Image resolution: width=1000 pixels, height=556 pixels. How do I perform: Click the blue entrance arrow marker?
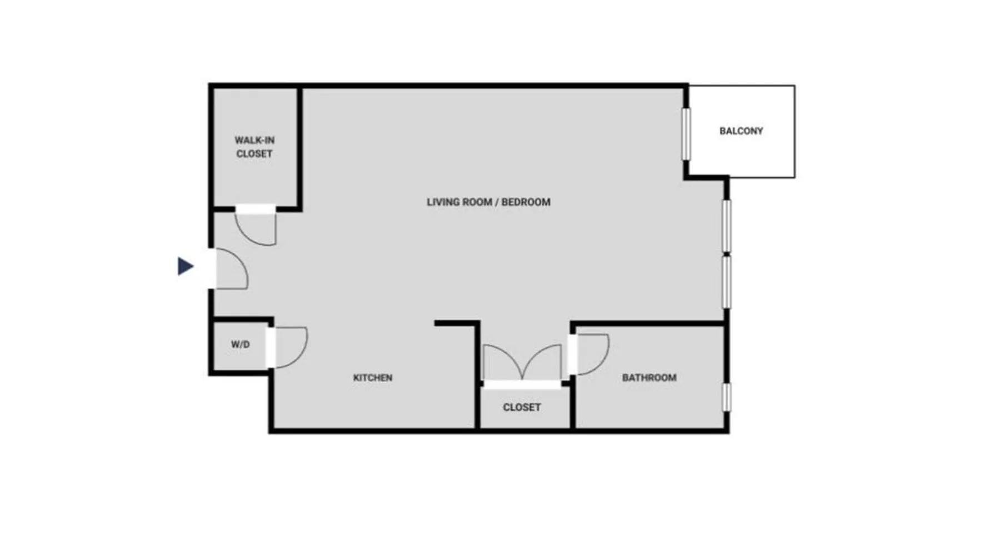click(x=186, y=266)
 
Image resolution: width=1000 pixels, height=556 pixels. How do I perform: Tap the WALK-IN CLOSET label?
click(x=254, y=147)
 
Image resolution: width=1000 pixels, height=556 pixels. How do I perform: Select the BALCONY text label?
click(x=741, y=131)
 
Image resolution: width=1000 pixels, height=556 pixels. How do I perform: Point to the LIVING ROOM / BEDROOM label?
click(x=488, y=202)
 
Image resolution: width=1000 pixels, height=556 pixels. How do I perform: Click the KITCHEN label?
click(x=373, y=378)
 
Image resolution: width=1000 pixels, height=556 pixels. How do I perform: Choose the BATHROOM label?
click(x=649, y=378)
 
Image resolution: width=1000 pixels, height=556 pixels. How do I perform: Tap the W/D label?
click(x=240, y=345)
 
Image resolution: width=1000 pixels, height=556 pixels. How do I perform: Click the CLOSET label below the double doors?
click(x=522, y=408)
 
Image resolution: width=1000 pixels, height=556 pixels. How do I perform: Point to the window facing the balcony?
click(x=687, y=134)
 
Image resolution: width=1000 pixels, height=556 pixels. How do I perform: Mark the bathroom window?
click(x=726, y=397)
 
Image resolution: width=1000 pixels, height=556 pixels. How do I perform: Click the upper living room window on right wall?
click(x=726, y=226)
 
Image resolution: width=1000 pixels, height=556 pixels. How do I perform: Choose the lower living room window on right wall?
click(x=726, y=281)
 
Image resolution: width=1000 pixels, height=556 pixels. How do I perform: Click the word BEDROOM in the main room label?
click(x=526, y=202)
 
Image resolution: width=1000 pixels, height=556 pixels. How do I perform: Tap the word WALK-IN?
click(x=254, y=141)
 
